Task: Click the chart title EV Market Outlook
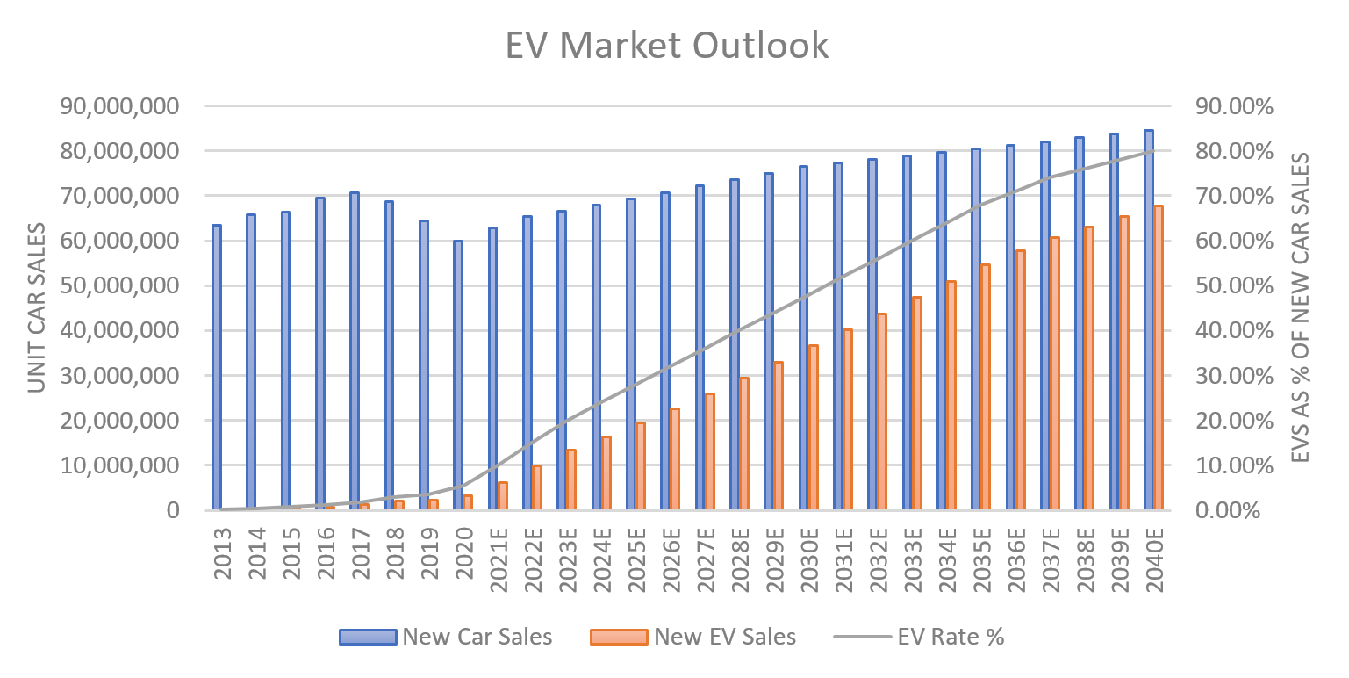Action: click(667, 46)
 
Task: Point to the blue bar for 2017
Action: click(355, 351)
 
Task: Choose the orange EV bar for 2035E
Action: click(985, 386)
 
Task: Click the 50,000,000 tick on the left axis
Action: click(130, 285)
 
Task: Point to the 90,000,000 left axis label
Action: click(130, 106)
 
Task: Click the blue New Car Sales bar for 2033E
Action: click(907, 333)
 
